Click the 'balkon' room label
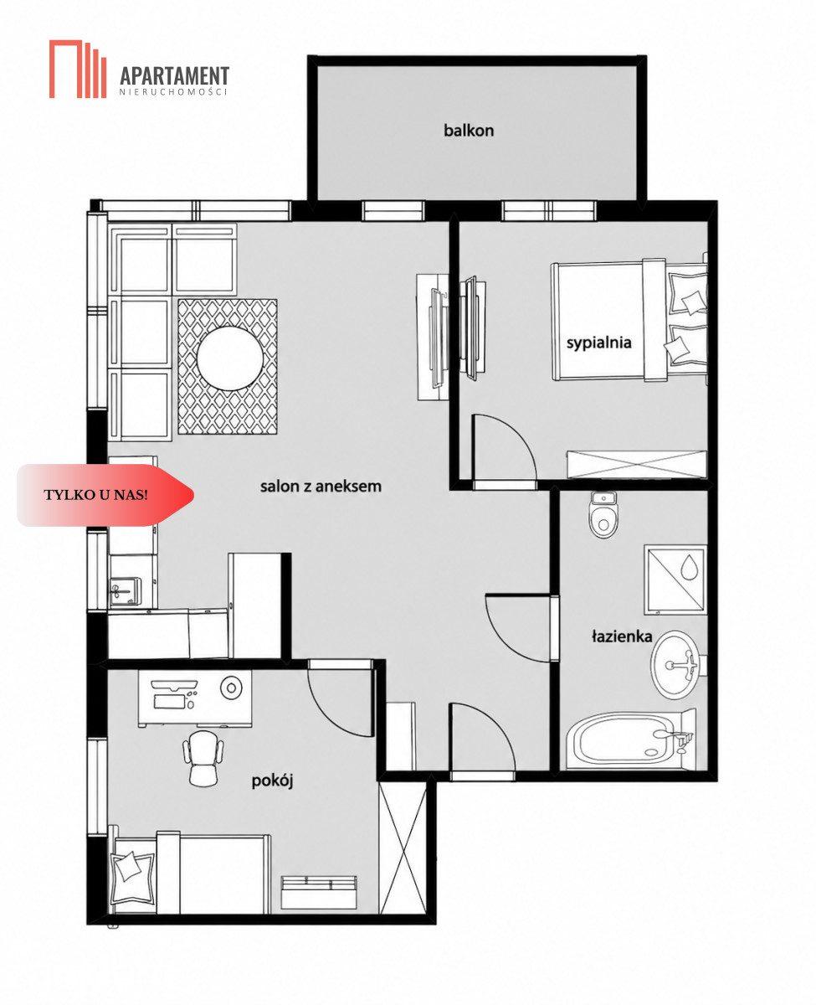point(468,130)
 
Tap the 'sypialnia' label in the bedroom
point(598,343)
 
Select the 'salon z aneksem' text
point(321,487)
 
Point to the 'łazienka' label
point(622,636)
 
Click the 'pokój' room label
point(273,781)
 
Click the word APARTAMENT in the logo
point(174,76)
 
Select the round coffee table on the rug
point(229,358)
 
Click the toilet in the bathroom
point(602,515)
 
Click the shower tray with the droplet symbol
point(675,580)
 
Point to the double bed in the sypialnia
point(629,321)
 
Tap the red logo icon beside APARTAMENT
point(78,69)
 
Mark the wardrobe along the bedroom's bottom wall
point(637,464)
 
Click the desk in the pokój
point(194,698)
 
